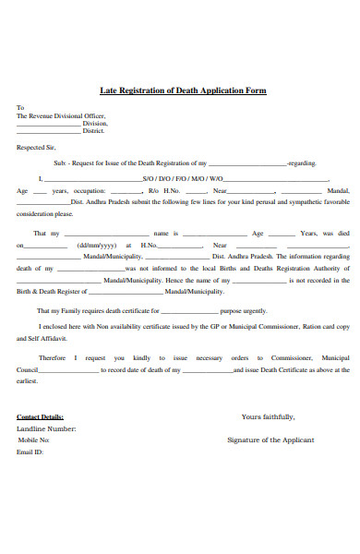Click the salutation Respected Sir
[x=36, y=147]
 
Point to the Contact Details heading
[x=40, y=416]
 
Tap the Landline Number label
[x=47, y=428]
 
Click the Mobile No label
[x=33, y=440]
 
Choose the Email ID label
[x=30, y=452]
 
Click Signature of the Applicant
[x=270, y=440]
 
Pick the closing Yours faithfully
[x=268, y=416]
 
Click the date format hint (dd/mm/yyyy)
[x=95, y=245]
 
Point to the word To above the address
[x=19, y=106]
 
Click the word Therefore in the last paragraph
[x=53, y=357]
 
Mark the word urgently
[x=255, y=311]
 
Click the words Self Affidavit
[x=40, y=339]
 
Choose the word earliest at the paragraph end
[x=27, y=379]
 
